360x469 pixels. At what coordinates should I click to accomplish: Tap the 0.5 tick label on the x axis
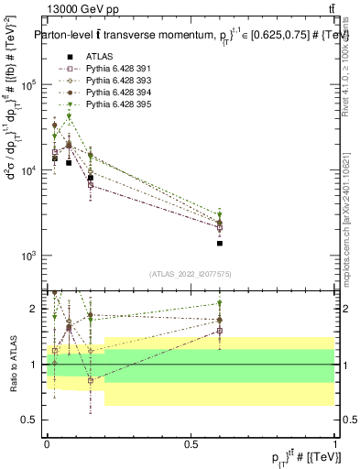click(x=191, y=444)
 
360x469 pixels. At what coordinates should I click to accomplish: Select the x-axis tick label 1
click(x=335, y=444)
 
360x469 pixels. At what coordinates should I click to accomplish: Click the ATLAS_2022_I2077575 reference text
click(x=191, y=274)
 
